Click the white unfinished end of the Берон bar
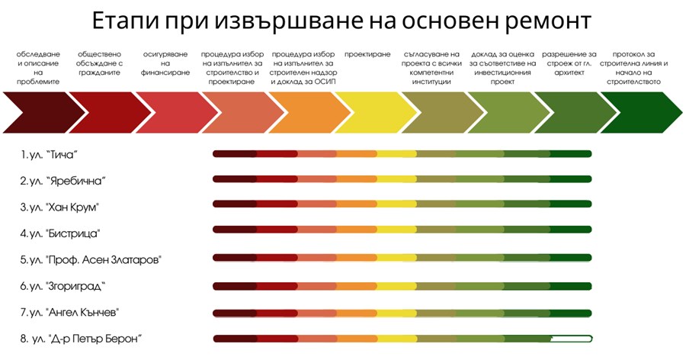(x=572, y=339)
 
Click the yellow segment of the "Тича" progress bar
(x=396, y=154)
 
